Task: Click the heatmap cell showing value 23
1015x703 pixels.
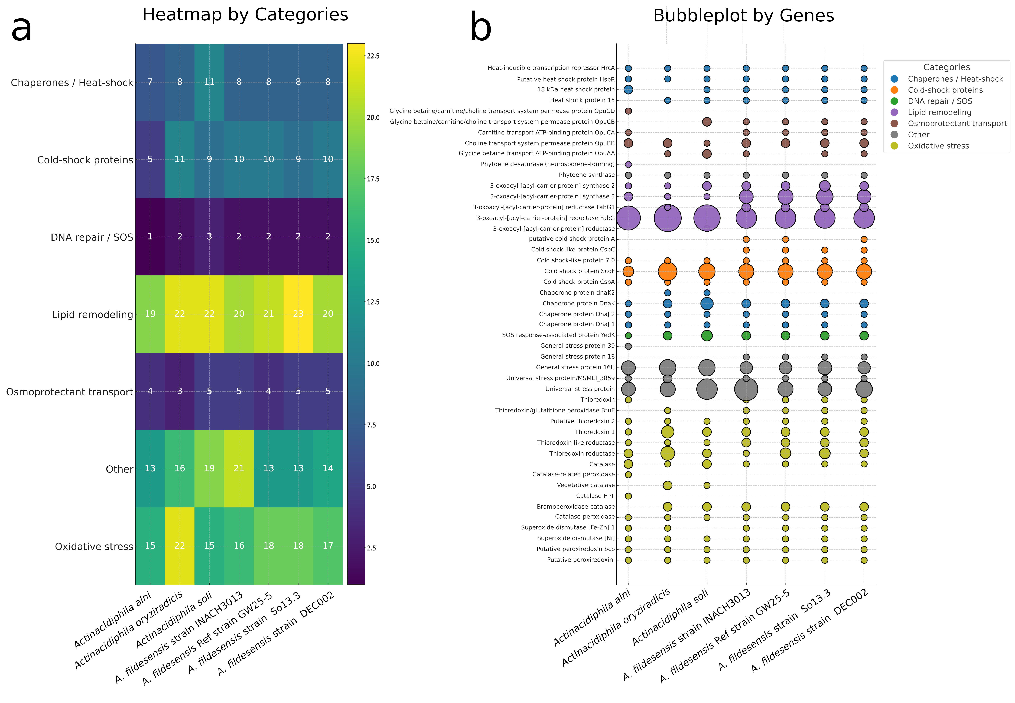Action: click(x=298, y=314)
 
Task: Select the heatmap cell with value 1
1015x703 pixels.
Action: click(x=150, y=237)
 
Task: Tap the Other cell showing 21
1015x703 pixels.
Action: click(x=239, y=468)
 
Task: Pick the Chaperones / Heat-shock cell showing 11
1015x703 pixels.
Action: click(x=209, y=82)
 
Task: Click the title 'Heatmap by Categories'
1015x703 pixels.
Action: click(x=245, y=15)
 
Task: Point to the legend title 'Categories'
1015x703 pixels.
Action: click(x=946, y=67)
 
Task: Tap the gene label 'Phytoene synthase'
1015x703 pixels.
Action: click(x=587, y=175)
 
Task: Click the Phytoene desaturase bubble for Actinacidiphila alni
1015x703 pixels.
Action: click(x=628, y=164)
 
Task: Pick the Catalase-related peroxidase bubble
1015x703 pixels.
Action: click(x=628, y=474)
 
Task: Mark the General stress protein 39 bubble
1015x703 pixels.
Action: click(x=628, y=346)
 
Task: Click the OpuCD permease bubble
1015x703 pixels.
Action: click(x=628, y=111)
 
